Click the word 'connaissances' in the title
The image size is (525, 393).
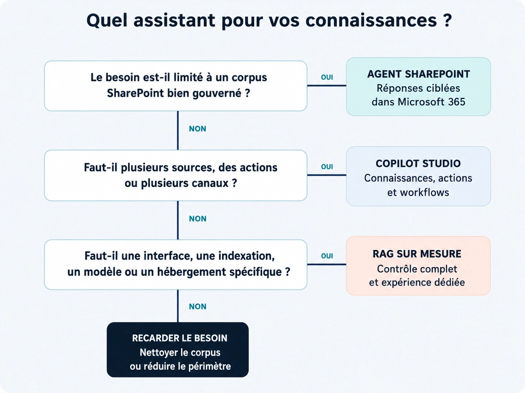point(371,20)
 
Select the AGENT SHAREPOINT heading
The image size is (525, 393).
point(418,74)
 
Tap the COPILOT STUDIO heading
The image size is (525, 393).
point(418,164)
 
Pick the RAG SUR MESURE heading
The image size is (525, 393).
point(417,254)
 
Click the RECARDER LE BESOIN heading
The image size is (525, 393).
point(179,338)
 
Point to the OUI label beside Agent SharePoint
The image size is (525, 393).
point(327,77)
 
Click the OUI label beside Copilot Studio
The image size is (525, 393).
point(327,166)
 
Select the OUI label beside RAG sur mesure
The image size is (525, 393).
point(327,256)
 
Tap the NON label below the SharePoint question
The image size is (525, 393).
point(198,129)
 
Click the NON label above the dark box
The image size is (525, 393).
point(198,307)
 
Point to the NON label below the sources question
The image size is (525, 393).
point(198,219)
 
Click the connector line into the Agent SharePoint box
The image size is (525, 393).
point(327,85)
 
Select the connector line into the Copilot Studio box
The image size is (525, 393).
point(327,175)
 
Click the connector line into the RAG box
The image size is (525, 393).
point(327,265)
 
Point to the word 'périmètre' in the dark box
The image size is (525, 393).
point(210,366)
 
